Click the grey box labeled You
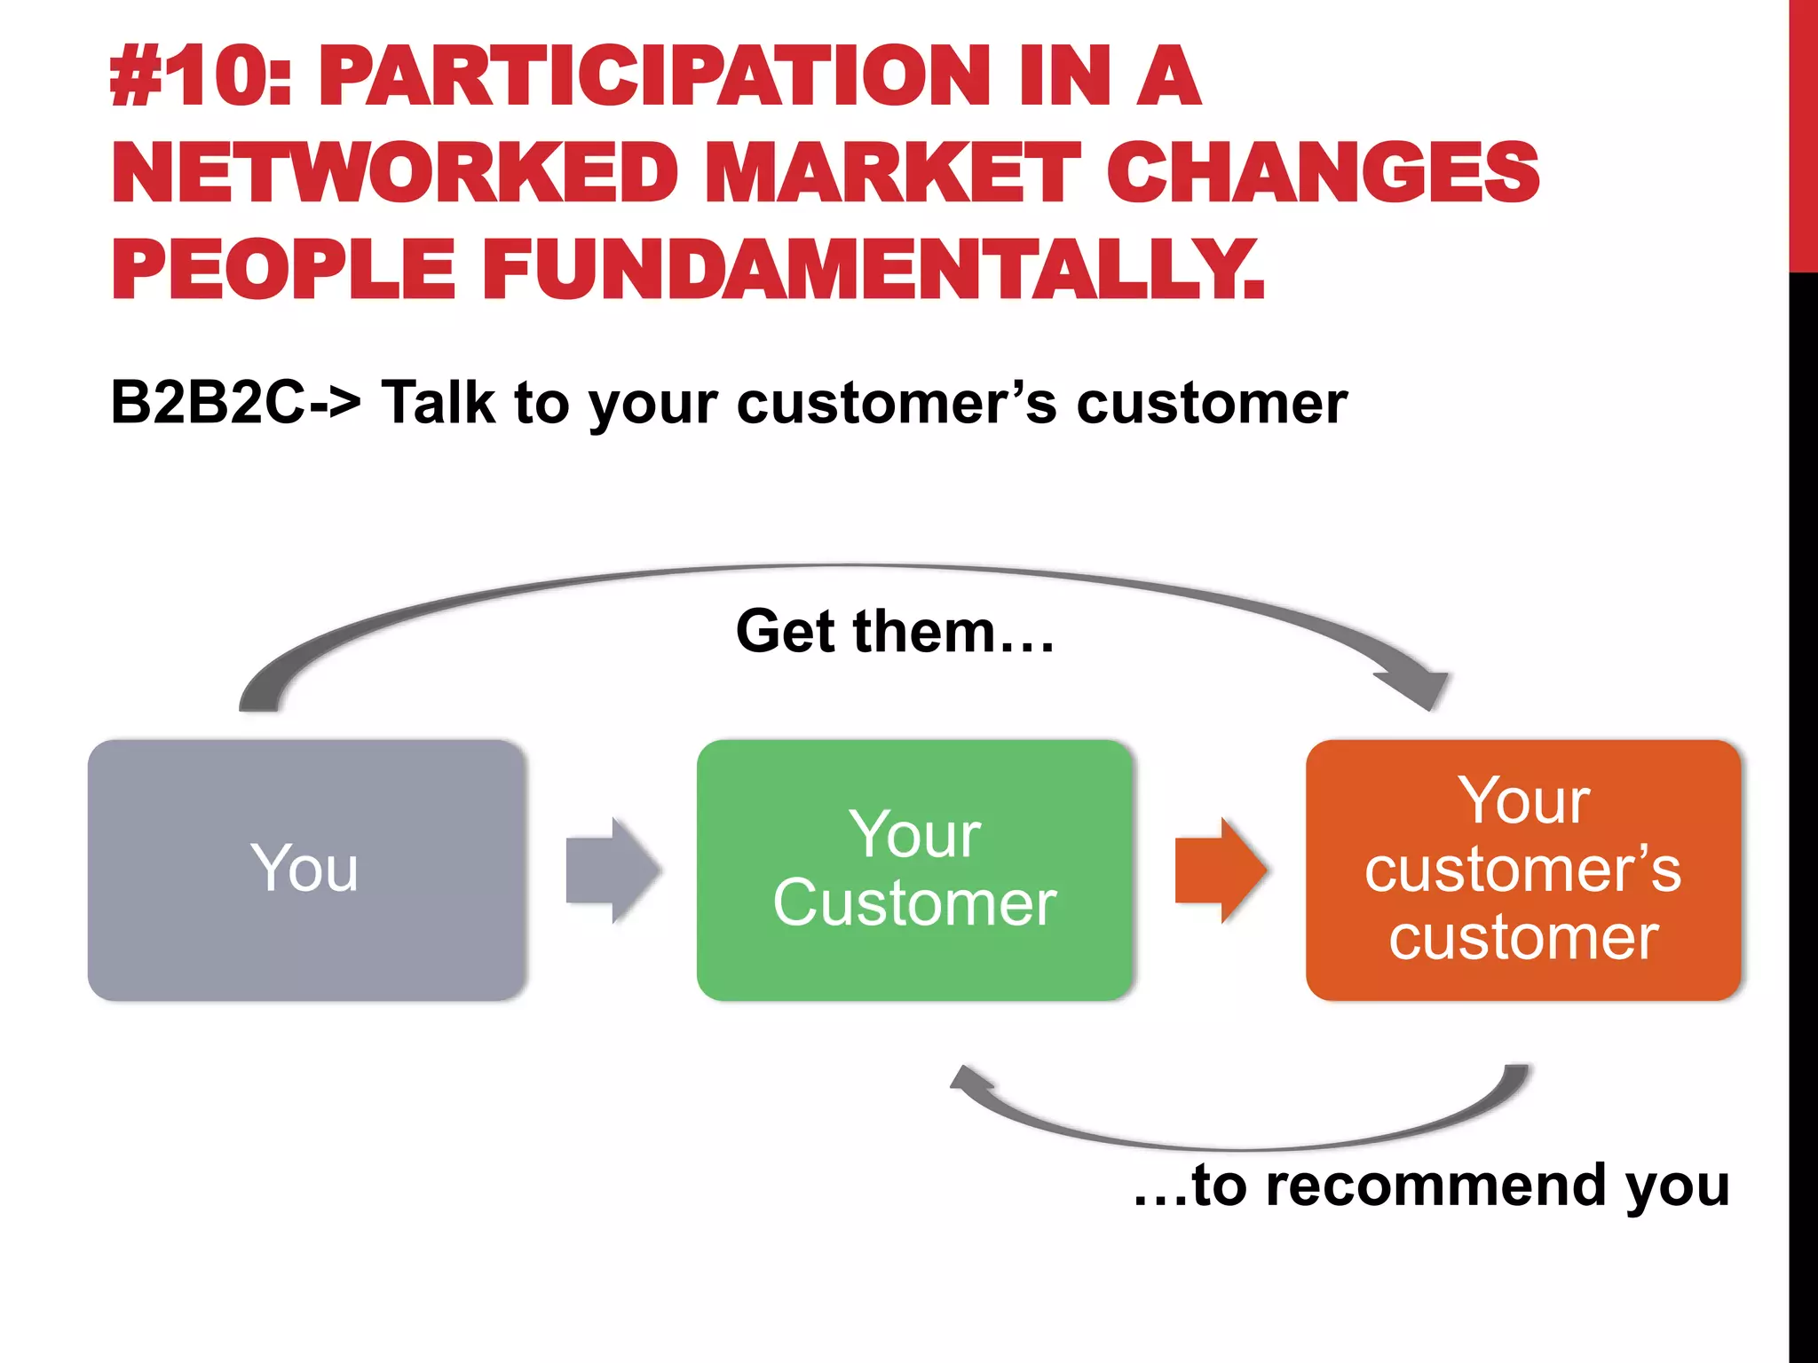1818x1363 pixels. click(x=306, y=870)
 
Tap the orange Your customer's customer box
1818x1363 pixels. click(x=1523, y=870)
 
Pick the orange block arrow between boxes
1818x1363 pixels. click(x=1221, y=870)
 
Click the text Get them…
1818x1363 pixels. click(x=895, y=632)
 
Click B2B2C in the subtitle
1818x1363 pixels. click(x=208, y=403)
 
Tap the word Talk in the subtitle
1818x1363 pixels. click(x=438, y=403)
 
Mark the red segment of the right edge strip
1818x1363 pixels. click(x=1803, y=133)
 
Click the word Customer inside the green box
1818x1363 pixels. click(x=914, y=903)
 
